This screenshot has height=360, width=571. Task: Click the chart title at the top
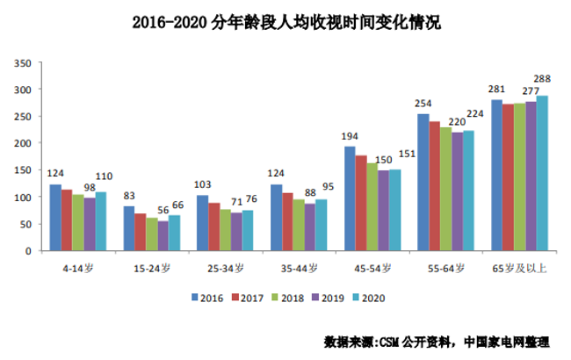point(285,23)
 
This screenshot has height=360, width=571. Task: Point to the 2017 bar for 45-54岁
point(361,203)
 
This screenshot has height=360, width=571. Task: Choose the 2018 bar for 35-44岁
point(299,225)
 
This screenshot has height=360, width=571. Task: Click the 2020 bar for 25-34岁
point(248,230)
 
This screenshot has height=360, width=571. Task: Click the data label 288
point(544,80)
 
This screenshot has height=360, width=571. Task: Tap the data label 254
point(424,104)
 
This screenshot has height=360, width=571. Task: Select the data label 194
point(351,136)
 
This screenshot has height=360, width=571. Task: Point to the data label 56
point(163,211)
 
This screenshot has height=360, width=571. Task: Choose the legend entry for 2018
point(287,298)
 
